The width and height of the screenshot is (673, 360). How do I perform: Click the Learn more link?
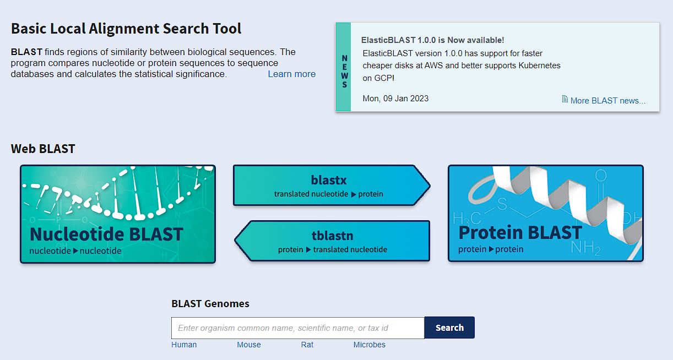pyautogui.click(x=291, y=74)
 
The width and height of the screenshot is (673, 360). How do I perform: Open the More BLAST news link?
pyautogui.click(x=607, y=101)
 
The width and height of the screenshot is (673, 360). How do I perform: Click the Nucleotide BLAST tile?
pyautogui.click(x=118, y=214)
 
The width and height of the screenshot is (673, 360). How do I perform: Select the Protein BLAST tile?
pyautogui.click(x=545, y=214)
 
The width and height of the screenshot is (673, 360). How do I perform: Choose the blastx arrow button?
pyautogui.click(x=329, y=186)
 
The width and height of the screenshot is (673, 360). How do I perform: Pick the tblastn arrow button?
pyautogui.click(x=332, y=241)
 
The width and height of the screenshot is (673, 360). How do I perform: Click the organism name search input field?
pyautogui.click(x=297, y=328)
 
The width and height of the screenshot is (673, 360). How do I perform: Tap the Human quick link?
pyautogui.click(x=184, y=345)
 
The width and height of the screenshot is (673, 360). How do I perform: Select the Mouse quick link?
pyautogui.click(x=249, y=345)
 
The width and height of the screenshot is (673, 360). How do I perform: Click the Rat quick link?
pyautogui.click(x=307, y=345)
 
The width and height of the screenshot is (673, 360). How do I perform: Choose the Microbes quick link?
pyautogui.click(x=369, y=345)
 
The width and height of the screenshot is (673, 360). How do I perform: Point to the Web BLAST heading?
pyautogui.click(x=43, y=149)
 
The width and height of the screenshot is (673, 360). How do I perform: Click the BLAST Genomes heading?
pyautogui.click(x=210, y=304)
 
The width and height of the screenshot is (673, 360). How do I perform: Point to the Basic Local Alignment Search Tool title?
pyautogui.click(x=126, y=29)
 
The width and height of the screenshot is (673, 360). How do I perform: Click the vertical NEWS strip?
pyautogui.click(x=344, y=67)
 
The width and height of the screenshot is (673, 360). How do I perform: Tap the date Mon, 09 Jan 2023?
pyautogui.click(x=395, y=99)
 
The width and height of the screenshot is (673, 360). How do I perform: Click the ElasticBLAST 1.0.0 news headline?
pyautogui.click(x=432, y=40)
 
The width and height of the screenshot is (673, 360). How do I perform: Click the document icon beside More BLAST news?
pyautogui.click(x=565, y=100)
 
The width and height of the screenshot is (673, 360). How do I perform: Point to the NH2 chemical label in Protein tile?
pyautogui.click(x=585, y=248)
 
